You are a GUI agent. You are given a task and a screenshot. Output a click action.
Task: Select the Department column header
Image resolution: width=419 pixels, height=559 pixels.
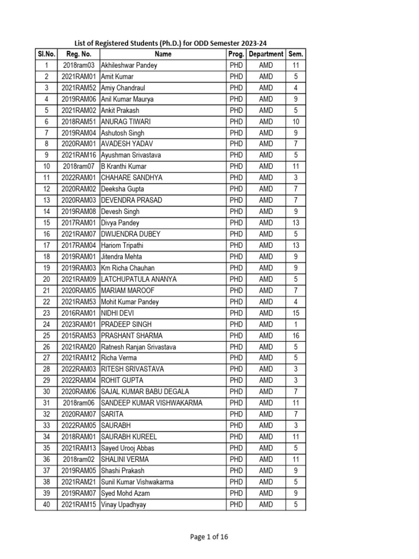coord(266,54)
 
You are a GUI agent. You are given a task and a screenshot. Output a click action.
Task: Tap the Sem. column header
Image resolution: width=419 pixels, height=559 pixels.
coord(296,54)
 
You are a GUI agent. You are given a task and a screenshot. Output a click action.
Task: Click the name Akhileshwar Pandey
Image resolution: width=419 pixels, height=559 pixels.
coord(129,66)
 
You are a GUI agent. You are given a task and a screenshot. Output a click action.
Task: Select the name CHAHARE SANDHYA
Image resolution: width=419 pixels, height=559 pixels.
coord(131,178)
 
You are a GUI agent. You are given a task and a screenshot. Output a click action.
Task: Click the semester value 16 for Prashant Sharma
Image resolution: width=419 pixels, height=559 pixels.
coord(296,336)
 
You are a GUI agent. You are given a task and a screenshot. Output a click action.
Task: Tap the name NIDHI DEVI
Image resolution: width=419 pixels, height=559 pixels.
coord(117,313)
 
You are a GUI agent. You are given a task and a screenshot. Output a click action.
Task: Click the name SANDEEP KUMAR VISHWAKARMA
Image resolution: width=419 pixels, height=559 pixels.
coord(152,403)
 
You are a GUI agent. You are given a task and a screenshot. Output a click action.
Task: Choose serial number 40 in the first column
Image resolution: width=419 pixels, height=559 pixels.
coord(46,505)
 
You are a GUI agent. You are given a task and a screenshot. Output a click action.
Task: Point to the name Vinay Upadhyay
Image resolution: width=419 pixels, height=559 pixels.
coord(123,505)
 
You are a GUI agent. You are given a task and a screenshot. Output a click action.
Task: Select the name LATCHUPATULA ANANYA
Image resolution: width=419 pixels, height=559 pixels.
coord(139,279)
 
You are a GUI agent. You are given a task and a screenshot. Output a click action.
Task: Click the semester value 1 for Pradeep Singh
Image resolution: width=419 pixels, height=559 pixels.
coord(296,324)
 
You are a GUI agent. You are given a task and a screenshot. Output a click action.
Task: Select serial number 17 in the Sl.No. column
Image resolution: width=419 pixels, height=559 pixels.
coord(46,246)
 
